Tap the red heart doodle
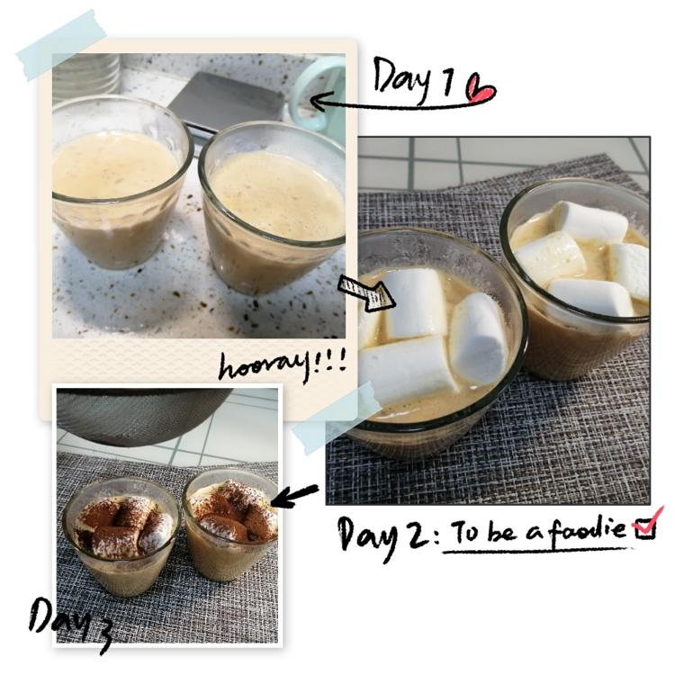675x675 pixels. click(x=482, y=89)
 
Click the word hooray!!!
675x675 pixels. click(x=283, y=365)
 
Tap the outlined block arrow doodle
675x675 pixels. click(x=367, y=293)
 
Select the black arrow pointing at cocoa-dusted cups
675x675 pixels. click(x=294, y=496)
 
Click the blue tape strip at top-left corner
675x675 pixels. click(x=61, y=45)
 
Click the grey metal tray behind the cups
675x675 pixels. click(x=227, y=101)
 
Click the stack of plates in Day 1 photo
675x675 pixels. click(x=86, y=73)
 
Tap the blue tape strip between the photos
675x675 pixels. click(x=336, y=418)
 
